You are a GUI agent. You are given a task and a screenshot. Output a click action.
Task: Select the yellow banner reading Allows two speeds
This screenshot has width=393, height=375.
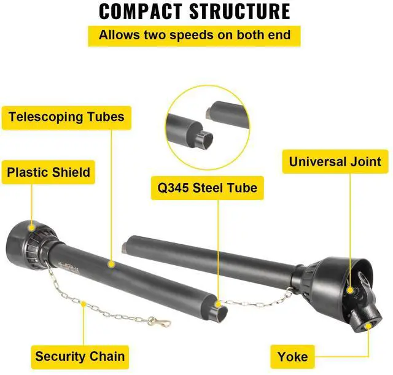pyautogui.click(x=195, y=35)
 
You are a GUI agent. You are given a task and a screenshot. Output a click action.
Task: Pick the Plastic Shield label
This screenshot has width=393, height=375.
pyautogui.click(x=49, y=172)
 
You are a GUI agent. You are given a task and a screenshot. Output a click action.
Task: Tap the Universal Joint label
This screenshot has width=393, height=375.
pyautogui.click(x=335, y=163)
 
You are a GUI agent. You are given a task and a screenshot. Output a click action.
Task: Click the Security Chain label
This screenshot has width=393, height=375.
pyautogui.click(x=80, y=355)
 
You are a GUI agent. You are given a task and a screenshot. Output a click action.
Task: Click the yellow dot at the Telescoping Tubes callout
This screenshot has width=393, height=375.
pyautogui.click(x=111, y=265)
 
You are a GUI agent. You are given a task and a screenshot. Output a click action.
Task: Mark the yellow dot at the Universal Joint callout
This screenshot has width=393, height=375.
pyautogui.click(x=349, y=289)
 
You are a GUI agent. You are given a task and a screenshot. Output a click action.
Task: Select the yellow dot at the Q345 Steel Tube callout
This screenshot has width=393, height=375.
pyautogui.click(x=217, y=303)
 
